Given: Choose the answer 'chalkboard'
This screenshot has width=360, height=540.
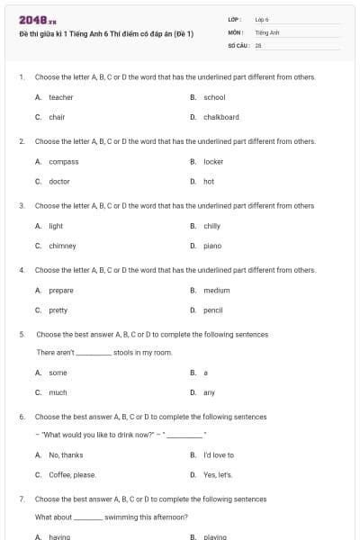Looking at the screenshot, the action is (220, 117).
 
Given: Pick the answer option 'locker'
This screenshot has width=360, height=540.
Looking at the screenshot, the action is (213, 161).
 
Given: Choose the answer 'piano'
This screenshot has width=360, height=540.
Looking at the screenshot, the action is (212, 245).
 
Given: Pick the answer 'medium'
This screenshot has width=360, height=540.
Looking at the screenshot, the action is (216, 290).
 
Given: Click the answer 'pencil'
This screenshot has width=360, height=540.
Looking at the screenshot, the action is (213, 310).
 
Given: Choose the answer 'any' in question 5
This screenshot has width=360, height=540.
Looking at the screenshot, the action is (209, 392).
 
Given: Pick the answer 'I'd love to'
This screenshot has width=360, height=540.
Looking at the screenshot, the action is (219, 454).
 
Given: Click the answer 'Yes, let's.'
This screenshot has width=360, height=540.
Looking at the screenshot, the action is (218, 474).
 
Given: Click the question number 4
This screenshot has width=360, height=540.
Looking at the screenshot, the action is (21, 270).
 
